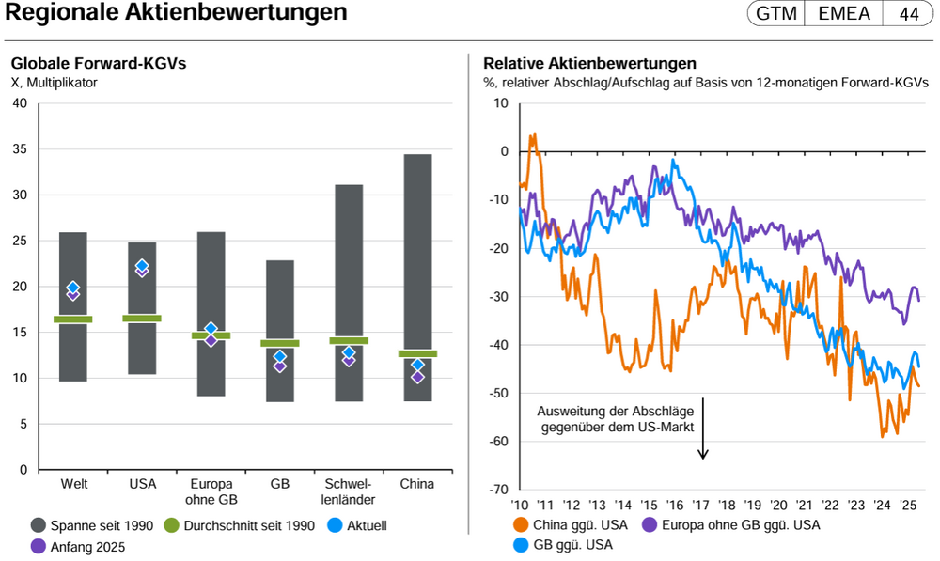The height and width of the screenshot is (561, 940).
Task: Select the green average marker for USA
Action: click(x=142, y=319)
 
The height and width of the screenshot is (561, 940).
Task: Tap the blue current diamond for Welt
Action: click(x=73, y=288)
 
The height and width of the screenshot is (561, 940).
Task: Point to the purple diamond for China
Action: click(x=417, y=377)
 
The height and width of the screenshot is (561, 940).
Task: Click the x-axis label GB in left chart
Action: click(x=279, y=484)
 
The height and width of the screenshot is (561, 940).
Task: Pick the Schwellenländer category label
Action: click(x=348, y=491)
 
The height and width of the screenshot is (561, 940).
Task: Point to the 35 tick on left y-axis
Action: click(x=20, y=149)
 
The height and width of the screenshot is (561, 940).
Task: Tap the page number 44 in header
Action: click(x=910, y=14)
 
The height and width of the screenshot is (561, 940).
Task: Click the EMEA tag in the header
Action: click(x=843, y=14)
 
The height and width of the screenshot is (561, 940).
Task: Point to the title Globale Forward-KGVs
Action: click(x=99, y=64)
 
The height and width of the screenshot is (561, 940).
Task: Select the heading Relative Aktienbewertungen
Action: click(x=589, y=64)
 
